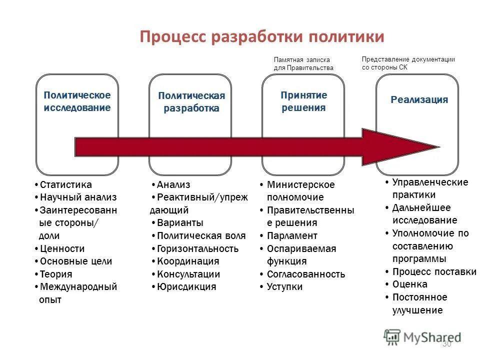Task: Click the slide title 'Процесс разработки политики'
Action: (x=262, y=37)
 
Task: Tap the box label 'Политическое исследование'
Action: (x=77, y=101)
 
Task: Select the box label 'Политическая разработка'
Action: (x=191, y=102)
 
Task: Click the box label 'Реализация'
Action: (x=419, y=99)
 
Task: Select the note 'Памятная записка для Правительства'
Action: (x=303, y=63)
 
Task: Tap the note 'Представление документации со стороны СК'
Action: (x=407, y=63)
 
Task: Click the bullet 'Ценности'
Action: (x=62, y=248)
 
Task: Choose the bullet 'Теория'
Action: (x=56, y=274)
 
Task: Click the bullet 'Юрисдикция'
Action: (x=186, y=286)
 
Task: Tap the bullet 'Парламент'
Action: (x=292, y=235)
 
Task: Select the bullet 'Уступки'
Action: (x=284, y=286)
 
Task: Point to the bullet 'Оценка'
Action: (x=409, y=284)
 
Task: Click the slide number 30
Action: (x=446, y=343)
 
